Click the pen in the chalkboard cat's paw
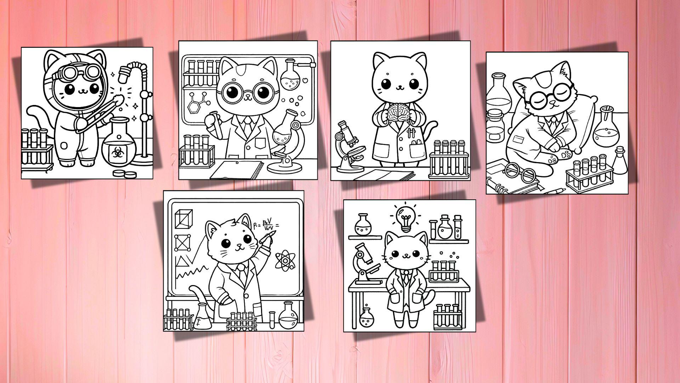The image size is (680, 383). (266, 237)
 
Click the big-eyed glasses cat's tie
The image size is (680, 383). (249, 125)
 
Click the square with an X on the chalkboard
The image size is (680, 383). (183, 242)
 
